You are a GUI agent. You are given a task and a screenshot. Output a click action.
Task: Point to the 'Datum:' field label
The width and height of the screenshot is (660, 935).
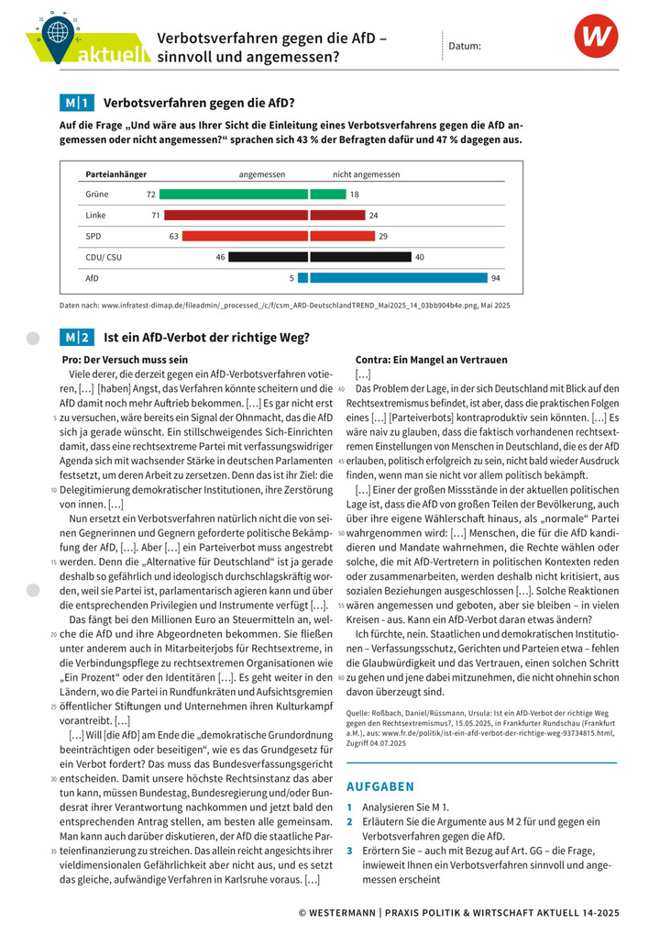(x=465, y=45)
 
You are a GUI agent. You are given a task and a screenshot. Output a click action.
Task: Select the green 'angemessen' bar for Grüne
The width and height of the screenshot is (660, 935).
(x=234, y=195)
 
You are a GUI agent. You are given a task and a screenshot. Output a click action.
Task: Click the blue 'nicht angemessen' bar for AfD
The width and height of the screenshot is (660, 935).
(x=398, y=278)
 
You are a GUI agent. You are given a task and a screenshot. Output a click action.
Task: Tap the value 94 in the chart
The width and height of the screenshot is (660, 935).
(x=496, y=278)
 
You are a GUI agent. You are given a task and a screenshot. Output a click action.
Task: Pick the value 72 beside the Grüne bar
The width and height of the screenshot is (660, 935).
(x=151, y=195)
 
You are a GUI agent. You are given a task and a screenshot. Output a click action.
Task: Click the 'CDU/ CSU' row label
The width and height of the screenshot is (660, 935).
(x=104, y=257)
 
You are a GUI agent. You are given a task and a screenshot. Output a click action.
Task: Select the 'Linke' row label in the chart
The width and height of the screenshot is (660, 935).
(x=96, y=216)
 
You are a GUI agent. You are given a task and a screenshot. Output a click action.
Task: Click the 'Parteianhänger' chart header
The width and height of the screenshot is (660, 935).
(x=116, y=174)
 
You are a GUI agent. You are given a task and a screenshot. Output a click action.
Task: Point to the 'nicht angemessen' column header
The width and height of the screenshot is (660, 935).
(x=366, y=174)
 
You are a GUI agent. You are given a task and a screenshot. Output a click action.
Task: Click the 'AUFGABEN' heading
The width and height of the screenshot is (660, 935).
(x=380, y=786)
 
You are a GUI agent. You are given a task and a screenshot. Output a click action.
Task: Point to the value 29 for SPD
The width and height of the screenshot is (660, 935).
(x=383, y=237)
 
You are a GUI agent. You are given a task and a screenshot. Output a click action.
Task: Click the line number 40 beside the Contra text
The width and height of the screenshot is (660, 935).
(x=341, y=389)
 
